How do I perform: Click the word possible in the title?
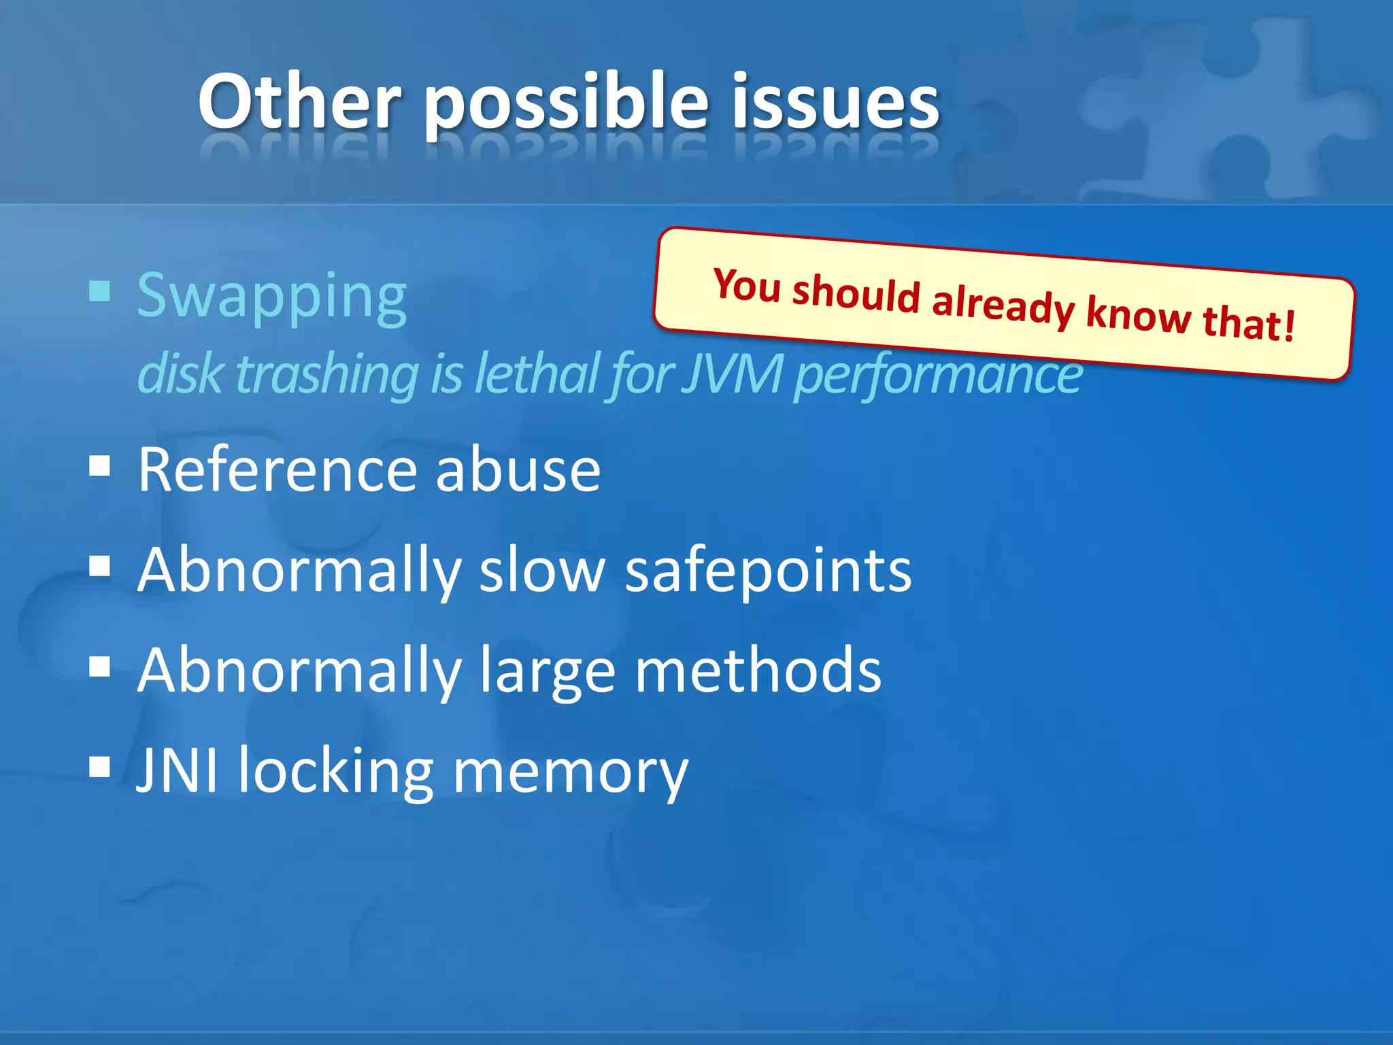click(x=566, y=105)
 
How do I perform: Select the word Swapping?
click(x=271, y=298)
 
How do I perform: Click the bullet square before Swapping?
click(x=100, y=292)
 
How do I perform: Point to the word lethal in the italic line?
click(x=537, y=374)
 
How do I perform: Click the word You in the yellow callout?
click(x=746, y=286)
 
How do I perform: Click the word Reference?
click(x=277, y=470)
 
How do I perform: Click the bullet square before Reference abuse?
click(x=100, y=467)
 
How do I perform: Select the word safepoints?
click(x=768, y=572)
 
